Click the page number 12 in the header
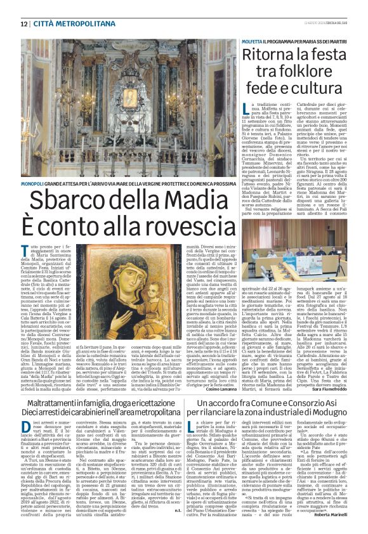(x=23, y=23)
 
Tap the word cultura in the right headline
(x=317, y=87)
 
